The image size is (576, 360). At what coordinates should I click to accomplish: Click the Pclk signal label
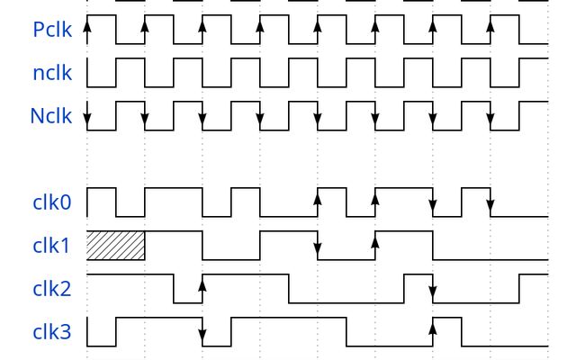coord(52,30)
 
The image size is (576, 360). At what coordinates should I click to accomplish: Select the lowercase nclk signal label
coord(52,73)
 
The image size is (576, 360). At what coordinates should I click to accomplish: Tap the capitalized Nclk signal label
coord(51,116)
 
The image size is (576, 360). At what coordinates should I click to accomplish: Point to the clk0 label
coord(52,202)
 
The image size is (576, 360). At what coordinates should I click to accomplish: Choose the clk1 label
coord(51,246)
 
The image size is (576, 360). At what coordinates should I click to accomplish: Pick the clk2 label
coord(52,289)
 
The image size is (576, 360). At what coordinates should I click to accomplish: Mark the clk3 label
coord(52,332)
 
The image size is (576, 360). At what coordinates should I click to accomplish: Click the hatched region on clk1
coord(116,246)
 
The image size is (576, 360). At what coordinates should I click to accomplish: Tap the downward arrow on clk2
coord(433,291)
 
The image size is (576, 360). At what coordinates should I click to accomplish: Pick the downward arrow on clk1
coord(318,248)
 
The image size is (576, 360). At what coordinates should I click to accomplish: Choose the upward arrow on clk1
coord(375,243)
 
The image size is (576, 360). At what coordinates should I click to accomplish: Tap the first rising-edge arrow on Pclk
coord(87,32)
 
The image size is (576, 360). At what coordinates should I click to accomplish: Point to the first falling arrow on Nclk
coord(87,113)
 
